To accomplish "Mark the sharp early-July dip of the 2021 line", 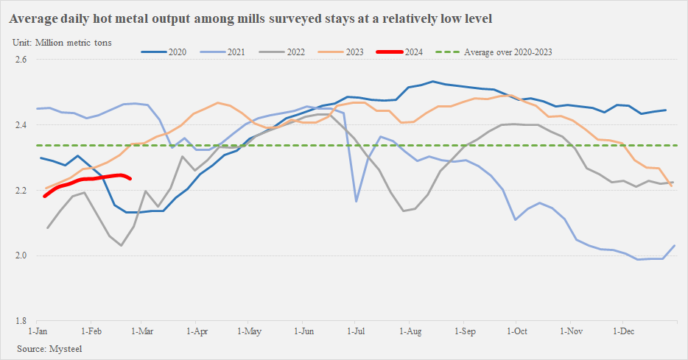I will pyautogui.click(x=357, y=201).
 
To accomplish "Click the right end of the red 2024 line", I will pyautogui.click(x=130, y=178).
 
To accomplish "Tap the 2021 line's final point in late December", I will pyautogui.click(x=675, y=245).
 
